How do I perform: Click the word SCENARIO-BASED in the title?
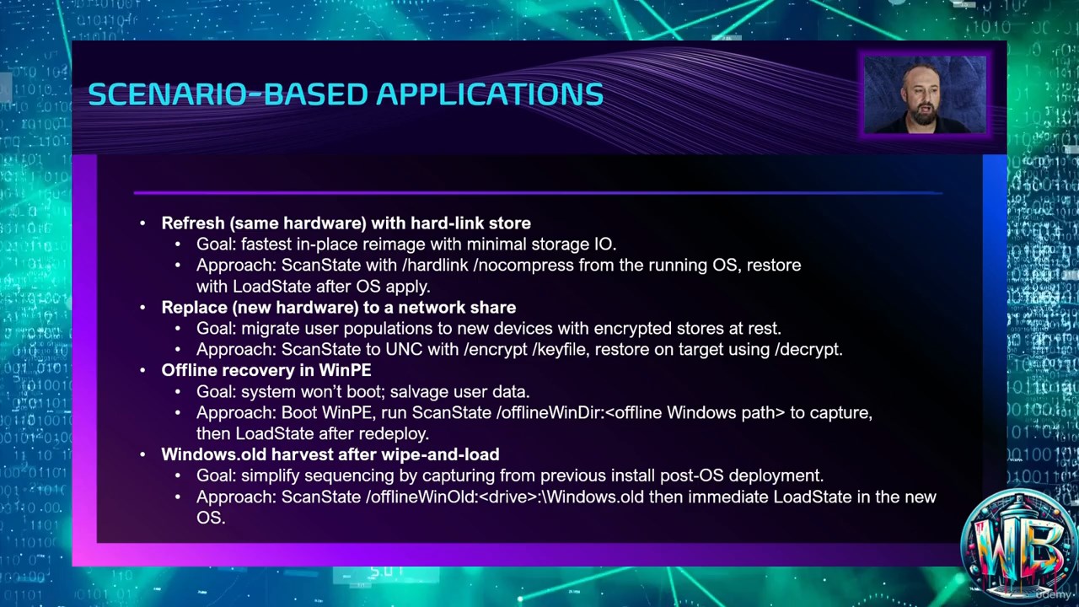228,94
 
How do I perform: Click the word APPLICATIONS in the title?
490,94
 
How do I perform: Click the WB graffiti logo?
1018,544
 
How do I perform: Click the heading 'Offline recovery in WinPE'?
266,370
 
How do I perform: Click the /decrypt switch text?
808,349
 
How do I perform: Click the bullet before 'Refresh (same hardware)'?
142,223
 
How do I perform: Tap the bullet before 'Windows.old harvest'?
142,454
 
